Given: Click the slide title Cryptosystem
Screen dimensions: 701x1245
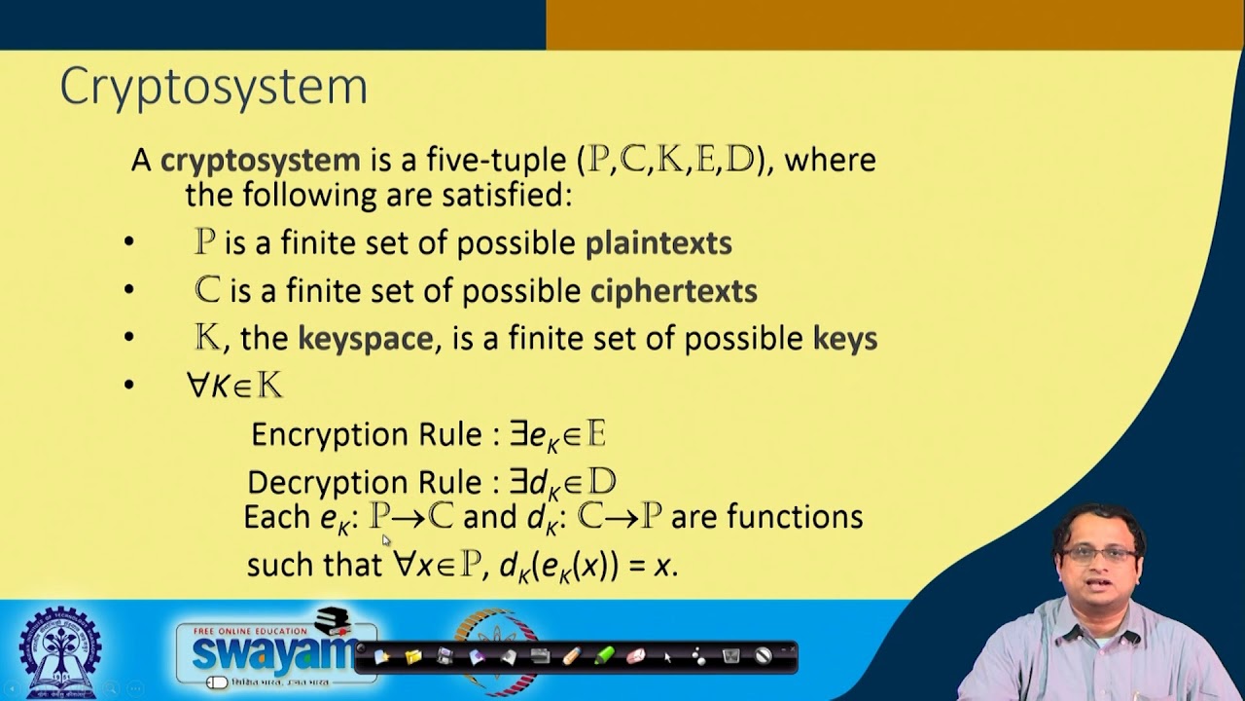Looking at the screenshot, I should point(214,88).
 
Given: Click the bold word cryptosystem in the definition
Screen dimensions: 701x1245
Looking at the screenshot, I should point(260,160).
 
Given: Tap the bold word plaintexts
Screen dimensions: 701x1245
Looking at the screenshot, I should point(658,242).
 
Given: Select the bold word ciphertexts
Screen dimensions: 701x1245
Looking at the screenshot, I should point(673,290).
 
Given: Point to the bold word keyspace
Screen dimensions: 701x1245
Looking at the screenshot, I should point(365,339).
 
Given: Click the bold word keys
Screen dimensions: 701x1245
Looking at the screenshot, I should point(844,339).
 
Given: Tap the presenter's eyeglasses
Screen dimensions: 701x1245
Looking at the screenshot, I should point(1100,554).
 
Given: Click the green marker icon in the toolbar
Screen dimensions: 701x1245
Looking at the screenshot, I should point(604,656).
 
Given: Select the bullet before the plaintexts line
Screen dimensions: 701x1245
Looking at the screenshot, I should point(129,243).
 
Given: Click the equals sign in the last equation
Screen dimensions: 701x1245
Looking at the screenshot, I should point(636,566).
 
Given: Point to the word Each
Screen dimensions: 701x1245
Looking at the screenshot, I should point(277,516).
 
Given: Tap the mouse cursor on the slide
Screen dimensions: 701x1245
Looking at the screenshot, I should point(386,539).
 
